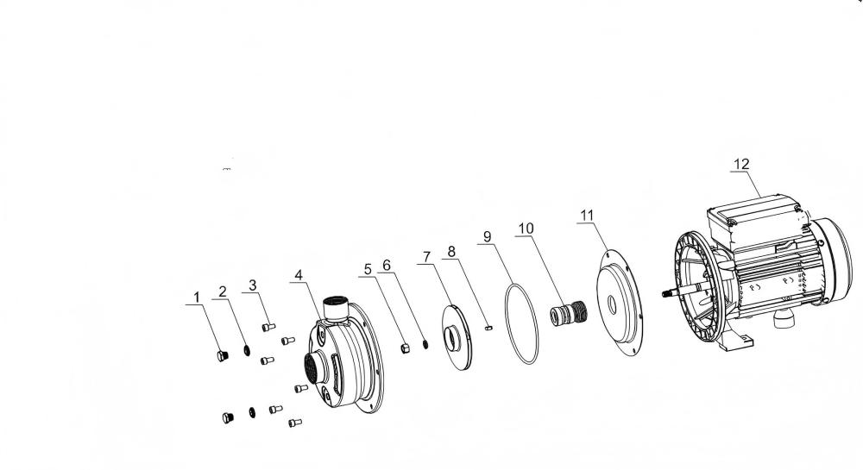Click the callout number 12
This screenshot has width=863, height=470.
(741, 164)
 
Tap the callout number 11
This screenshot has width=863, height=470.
(587, 215)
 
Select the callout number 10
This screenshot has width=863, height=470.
(526, 229)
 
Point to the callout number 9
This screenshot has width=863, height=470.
(487, 237)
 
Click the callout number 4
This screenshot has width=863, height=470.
(299, 275)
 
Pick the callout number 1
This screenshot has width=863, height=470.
(197, 298)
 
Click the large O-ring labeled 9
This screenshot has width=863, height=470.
(521, 323)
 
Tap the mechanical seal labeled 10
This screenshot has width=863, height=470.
(569, 313)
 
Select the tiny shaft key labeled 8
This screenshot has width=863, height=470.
(489, 329)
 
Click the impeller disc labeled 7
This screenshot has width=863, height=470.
(457, 338)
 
